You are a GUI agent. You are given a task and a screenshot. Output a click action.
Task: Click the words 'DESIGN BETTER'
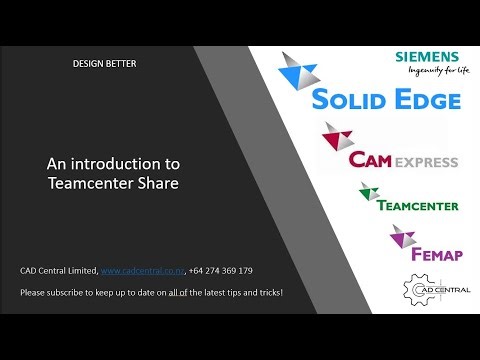pyautogui.click(x=104, y=64)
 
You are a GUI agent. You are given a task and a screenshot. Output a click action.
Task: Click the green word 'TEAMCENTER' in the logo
pyautogui.click(x=418, y=206)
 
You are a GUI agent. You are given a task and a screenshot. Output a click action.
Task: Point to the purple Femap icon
pyautogui.click(x=402, y=236)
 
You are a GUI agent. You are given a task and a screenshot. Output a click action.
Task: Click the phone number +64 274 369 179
pyautogui.click(x=220, y=271)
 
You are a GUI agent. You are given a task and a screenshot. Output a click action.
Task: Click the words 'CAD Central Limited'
pyautogui.click(x=57, y=271)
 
